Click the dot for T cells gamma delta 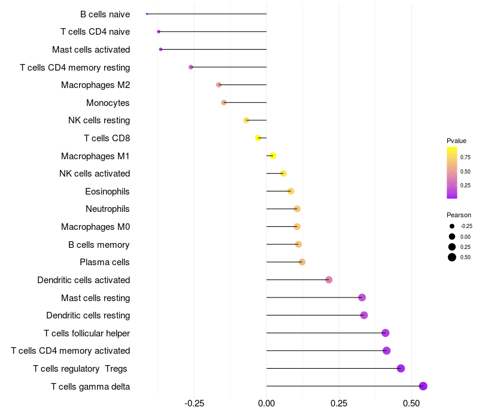pyautogui.click(x=423, y=386)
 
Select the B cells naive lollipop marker pyautogui.click(x=147, y=14)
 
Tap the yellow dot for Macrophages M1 pyautogui.click(x=273, y=156)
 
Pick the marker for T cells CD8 pyautogui.click(x=258, y=138)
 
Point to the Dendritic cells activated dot pyautogui.click(x=329, y=280)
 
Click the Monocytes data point pyautogui.click(x=224, y=102)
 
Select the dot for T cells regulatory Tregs pyautogui.click(x=401, y=368)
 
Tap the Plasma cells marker pyautogui.click(x=302, y=262)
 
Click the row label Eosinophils pyautogui.click(x=107, y=192)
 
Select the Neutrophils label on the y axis pyautogui.click(x=108, y=209)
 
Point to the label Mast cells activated pyautogui.click(x=91, y=50)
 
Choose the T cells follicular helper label pyautogui.click(x=87, y=333)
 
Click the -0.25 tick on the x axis pyautogui.click(x=194, y=403)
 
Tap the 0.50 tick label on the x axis pyautogui.click(x=411, y=403)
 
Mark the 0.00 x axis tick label pyautogui.click(x=266, y=403)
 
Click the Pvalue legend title pyautogui.click(x=456, y=141)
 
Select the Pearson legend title pyautogui.click(x=459, y=215)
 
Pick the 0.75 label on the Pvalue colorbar pyautogui.click(x=465, y=157)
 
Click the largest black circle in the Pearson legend pyautogui.click(x=452, y=257)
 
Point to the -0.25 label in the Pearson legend pyautogui.click(x=466, y=226)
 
